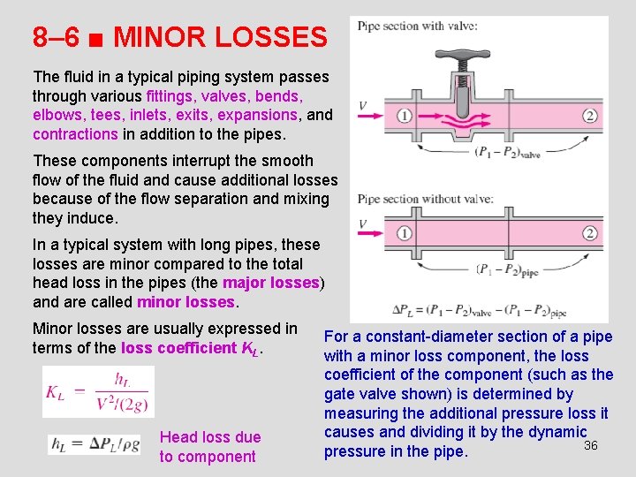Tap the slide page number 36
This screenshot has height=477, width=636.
pos(591,445)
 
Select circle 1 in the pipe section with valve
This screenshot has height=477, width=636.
pos(405,116)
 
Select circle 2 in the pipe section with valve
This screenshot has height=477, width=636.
pos(590,116)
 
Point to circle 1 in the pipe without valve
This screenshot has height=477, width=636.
pos(405,233)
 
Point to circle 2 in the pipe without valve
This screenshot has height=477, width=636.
pos(590,233)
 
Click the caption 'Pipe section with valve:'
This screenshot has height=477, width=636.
pos(417,26)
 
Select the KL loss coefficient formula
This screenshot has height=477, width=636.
pos(98,391)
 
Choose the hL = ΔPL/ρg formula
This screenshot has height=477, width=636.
pos(94,444)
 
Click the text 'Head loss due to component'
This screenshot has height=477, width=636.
pos(209,447)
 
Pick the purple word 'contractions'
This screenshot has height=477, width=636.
pos(75,134)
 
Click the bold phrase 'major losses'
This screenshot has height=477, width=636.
pos(270,283)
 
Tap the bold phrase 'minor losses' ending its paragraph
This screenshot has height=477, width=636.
pos(186,302)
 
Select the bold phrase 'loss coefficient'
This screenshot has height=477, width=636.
pos(179,348)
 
